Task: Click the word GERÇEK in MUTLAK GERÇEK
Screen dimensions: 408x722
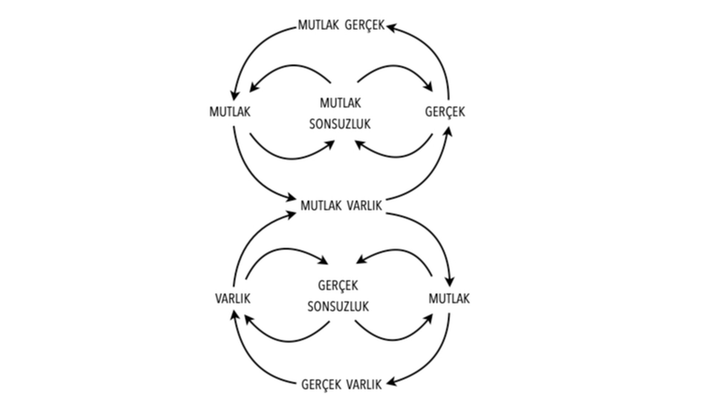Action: click(365, 26)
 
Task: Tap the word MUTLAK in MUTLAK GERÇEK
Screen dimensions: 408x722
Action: click(318, 25)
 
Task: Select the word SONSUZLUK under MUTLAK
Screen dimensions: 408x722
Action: click(340, 124)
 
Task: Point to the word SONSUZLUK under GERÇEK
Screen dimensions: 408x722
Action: click(338, 307)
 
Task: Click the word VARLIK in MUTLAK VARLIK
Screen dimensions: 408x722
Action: click(364, 206)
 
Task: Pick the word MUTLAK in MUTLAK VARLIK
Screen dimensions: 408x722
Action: click(321, 206)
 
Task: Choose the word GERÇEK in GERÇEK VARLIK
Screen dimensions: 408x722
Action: click(321, 385)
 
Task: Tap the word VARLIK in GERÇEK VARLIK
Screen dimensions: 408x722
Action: click(364, 385)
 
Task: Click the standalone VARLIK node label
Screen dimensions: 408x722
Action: click(232, 299)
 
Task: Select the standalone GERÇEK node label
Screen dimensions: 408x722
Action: click(445, 112)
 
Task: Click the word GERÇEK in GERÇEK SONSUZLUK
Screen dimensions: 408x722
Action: click(338, 286)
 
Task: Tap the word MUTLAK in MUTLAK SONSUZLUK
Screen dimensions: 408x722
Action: click(340, 103)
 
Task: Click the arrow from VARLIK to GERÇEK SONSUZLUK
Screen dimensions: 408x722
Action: click(285, 249)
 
